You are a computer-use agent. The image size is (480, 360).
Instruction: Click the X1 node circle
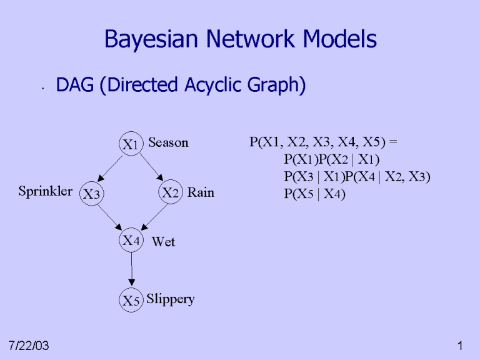tap(131, 144)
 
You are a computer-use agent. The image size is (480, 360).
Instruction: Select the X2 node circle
tap(170, 192)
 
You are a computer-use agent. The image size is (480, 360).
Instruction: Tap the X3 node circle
tap(92, 194)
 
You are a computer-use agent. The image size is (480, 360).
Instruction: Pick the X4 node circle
tap(131, 240)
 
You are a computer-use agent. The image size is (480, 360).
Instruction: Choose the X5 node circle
tap(131, 301)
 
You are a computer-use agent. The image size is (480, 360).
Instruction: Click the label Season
tap(168, 142)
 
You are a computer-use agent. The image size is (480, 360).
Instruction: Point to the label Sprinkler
tap(45, 191)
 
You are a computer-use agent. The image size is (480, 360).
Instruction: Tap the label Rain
tap(201, 192)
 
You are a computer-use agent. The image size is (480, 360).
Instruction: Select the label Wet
tap(164, 242)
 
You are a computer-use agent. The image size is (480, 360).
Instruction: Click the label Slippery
tap(171, 299)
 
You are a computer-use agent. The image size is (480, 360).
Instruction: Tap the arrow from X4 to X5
tap(131, 270)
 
